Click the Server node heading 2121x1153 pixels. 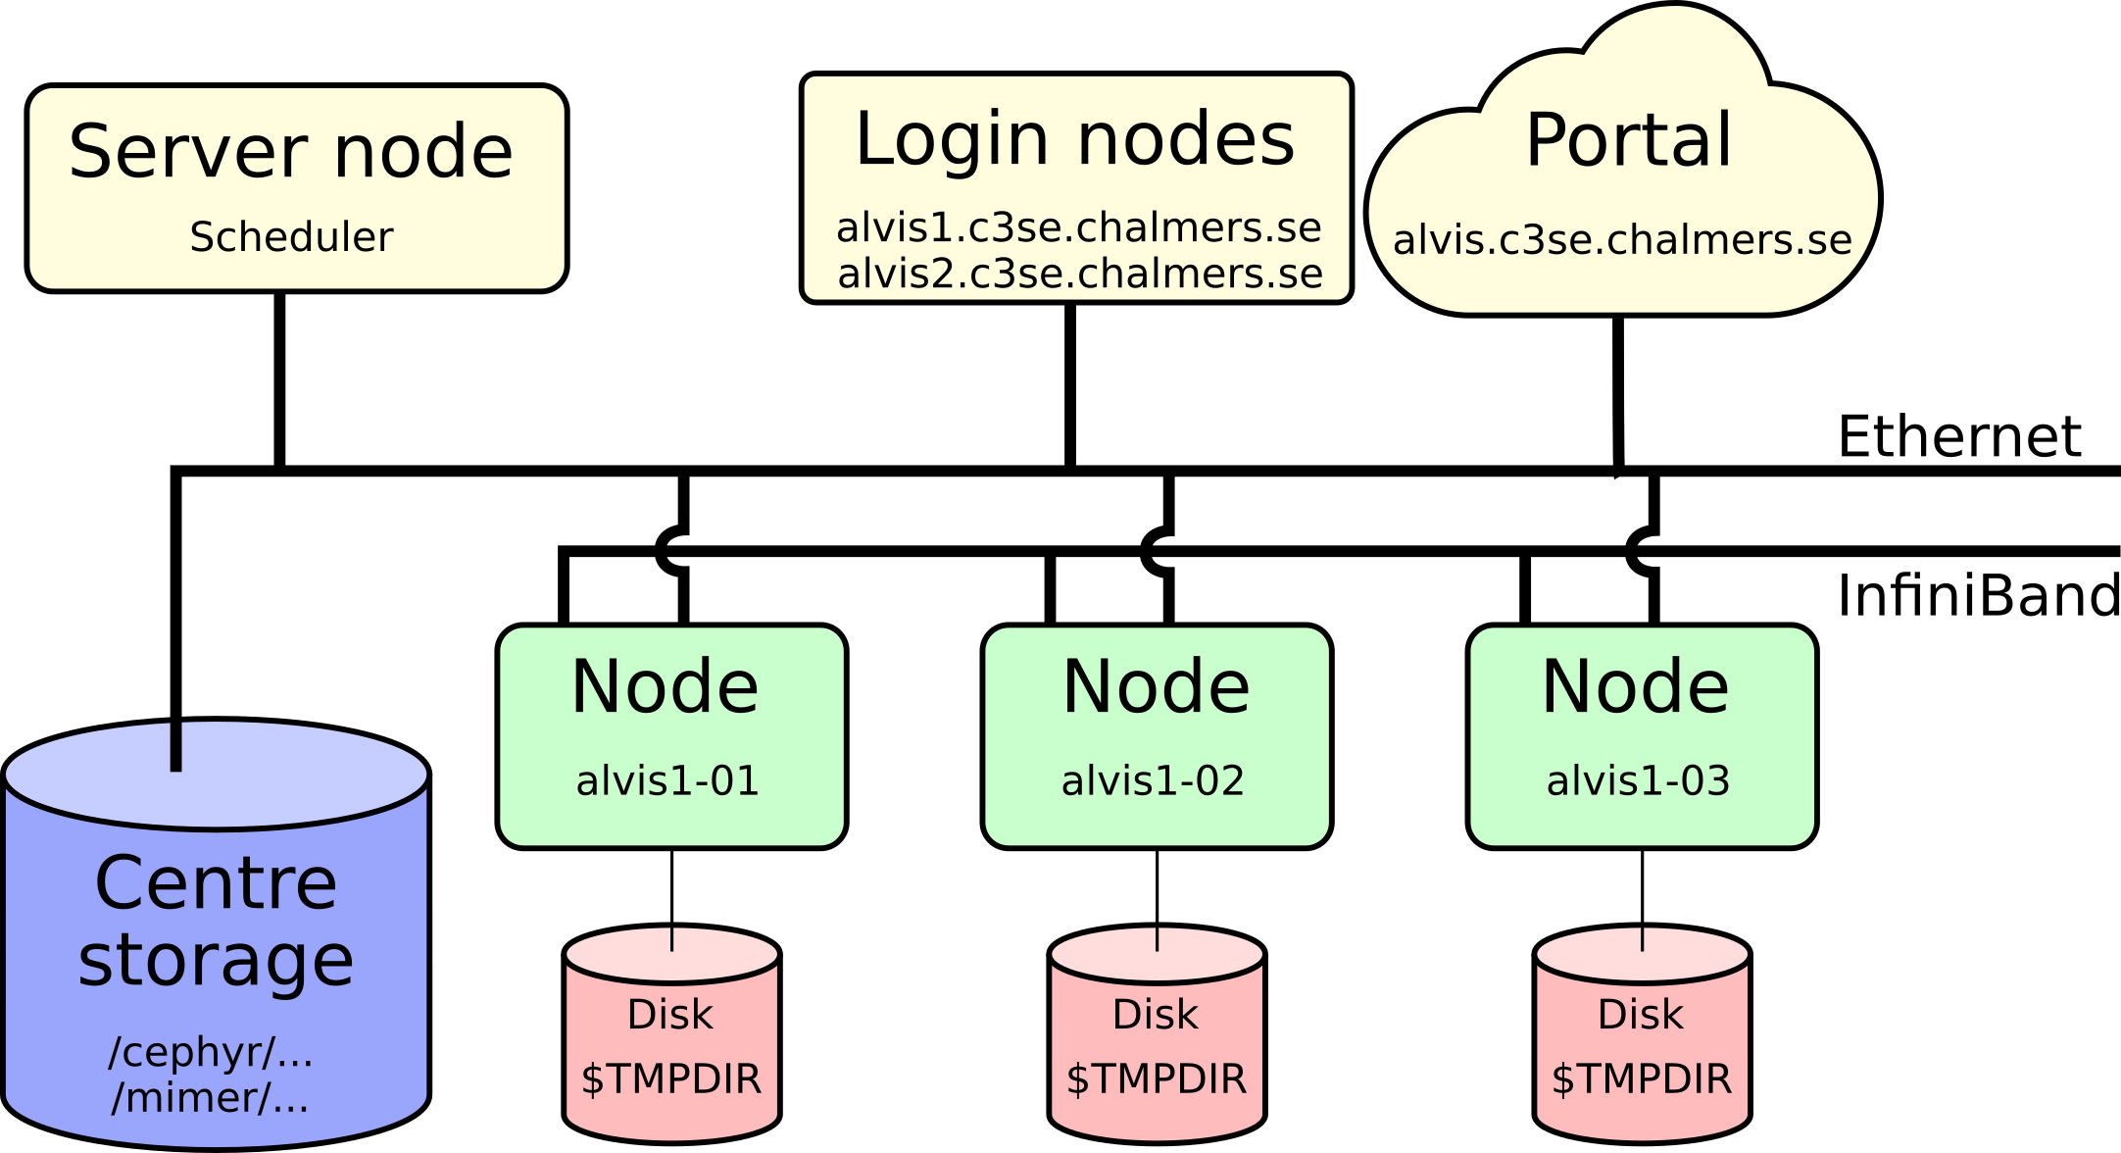[291, 152]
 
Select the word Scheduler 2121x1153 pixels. [291, 237]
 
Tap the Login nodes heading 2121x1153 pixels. [1075, 139]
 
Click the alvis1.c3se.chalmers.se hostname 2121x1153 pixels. [1078, 227]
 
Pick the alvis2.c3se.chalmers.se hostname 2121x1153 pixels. [1080, 274]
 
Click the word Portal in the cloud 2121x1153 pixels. [1629, 140]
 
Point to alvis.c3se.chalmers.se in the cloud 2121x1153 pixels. [1622, 240]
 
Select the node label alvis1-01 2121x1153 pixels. [667, 781]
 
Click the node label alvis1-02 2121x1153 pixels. [1153, 781]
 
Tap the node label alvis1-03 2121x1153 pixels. [1638, 781]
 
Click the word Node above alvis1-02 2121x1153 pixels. [1157, 686]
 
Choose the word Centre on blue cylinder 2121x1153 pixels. [216, 883]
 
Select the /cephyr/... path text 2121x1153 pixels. [211, 1052]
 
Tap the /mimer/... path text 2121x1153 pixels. [211, 1098]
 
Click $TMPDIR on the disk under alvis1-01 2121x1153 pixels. [671, 1079]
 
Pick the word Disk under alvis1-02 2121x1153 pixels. [1156, 1015]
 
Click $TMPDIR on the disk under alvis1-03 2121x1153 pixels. [1642, 1079]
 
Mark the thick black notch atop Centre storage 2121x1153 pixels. [176, 747]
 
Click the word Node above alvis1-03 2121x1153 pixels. [1636, 686]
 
